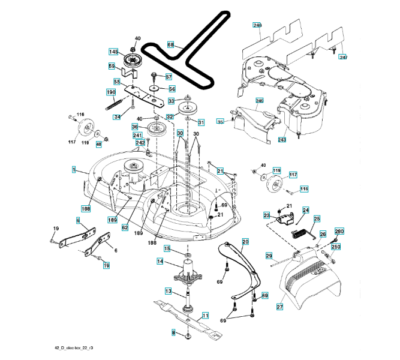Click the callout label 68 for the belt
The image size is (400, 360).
[171, 45]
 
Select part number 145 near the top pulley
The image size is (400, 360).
[113, 52]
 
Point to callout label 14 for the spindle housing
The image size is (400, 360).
[160, 262]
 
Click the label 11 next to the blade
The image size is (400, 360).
[205, 315]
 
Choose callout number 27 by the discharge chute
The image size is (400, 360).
[280, 306]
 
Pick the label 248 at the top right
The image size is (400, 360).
[258, 26]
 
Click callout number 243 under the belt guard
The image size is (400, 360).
[282, 140]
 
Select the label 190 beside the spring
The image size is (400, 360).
[111, 92]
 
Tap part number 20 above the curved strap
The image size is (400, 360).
[245, 242]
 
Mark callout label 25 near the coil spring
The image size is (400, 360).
[317, 220]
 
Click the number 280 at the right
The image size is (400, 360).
[339, 232]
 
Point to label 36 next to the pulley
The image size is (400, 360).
[135, 127]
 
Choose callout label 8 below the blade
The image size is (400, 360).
[174, 332]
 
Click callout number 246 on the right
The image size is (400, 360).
[260, 101]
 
